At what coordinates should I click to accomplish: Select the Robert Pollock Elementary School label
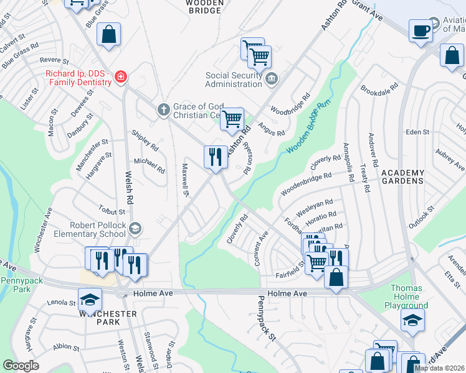(x=89, y=229)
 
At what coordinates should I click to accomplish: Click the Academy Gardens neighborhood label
(x=402, y=177)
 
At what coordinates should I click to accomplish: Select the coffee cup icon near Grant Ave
(x=421, y=31)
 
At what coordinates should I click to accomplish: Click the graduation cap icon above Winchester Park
(x=90, y=300)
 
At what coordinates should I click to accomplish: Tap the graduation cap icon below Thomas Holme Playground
(x=412, y=320)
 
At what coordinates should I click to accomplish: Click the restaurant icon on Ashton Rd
(x=216, y=157)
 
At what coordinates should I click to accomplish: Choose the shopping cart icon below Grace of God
(x=232, y=119)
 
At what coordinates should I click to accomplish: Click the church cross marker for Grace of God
(x=163, y=110)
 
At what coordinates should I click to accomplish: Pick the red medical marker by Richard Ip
(x=121, y=77)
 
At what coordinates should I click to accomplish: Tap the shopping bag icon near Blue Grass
(x=109, y=35)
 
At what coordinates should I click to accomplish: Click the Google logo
(x=21, y=365)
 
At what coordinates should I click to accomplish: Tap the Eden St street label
(x=417, y=132)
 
